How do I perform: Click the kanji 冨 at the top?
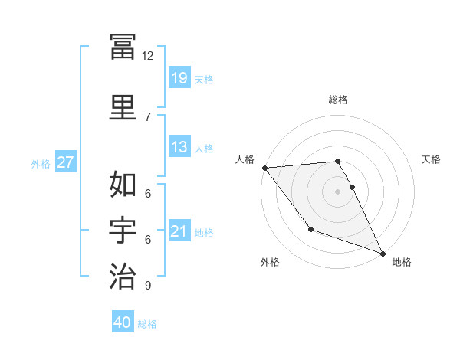coord(123,47)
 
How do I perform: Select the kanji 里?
coord(123,106)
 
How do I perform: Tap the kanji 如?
coord(123,184)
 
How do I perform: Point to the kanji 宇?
coord(123,229)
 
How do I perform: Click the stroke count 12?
coord(148,56)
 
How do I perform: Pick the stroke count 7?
coord(148,116)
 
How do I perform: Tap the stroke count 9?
coord(148,286)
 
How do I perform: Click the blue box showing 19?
coord(179,78)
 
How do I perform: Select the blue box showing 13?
coord(179,147)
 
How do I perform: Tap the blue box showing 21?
coord(179,231)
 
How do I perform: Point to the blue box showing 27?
coord(66,162)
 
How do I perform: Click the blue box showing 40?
coord(123,322)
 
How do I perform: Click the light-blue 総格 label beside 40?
coord(148,324)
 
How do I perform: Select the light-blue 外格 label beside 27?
coord(41,163)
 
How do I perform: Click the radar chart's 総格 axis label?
coord(338,100)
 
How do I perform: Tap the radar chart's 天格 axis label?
coord(432,159)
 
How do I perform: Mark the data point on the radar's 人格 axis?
coord(264,168)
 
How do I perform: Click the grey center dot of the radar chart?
coord(338,191)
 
